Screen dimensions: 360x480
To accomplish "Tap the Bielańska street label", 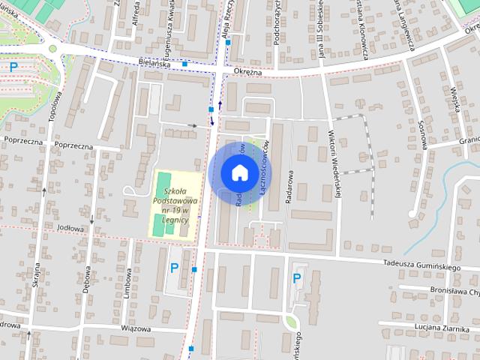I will (x=155, y=64).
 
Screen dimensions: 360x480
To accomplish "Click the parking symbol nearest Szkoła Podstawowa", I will (x=175, y=268).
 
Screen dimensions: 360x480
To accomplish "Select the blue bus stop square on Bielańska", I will (x=184, y=64).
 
